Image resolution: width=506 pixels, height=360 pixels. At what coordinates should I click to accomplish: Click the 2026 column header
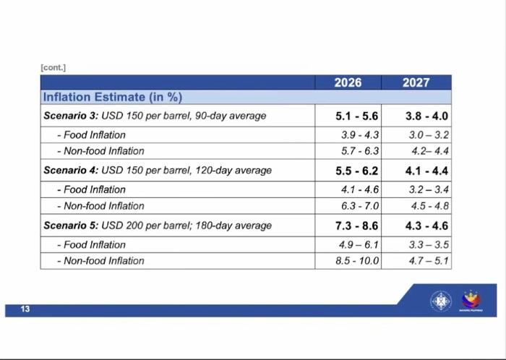point(348,82)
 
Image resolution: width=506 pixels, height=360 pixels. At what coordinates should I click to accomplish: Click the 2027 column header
point(416,82)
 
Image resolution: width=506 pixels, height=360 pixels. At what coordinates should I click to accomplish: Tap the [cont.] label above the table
point(54,67)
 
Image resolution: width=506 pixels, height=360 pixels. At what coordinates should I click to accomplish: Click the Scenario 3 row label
point(155,116)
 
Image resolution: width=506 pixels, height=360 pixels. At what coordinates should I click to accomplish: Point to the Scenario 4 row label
point(158,171)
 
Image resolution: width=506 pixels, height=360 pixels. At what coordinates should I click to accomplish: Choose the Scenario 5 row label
point(158,226)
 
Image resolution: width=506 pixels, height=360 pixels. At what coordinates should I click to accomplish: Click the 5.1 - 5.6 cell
point(357,116)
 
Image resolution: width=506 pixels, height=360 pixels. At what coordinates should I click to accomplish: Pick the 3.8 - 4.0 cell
point(427,116)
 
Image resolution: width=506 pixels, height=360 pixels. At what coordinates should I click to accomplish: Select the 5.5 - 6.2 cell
point(357,171)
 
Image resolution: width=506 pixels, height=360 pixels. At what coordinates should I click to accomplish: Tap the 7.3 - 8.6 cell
point(357,226)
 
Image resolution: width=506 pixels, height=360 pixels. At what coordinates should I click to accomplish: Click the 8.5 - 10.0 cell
point(358,260)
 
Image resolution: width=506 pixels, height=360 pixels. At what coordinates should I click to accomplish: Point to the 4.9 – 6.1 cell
point(359,244)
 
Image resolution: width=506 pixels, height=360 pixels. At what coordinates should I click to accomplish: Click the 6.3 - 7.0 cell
point(359,205)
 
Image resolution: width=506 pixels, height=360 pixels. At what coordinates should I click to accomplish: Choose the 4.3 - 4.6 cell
point(427,226)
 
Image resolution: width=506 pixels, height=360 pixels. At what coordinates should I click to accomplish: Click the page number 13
point(25,309)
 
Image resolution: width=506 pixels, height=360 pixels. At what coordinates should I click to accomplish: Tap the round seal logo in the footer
point(441,300)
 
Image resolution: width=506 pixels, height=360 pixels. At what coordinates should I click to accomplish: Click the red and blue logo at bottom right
point(471,299)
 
